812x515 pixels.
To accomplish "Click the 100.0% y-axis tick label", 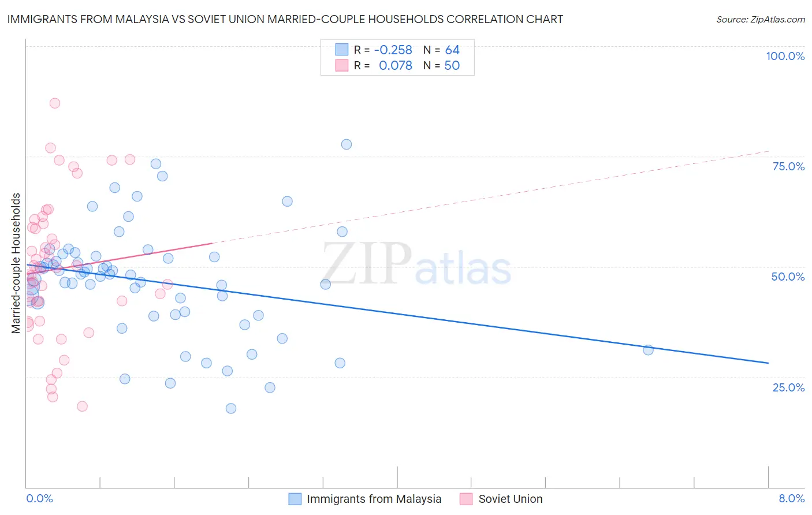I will click(x=785, y=56).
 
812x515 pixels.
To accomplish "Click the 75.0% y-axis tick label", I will click(x=788, y=166).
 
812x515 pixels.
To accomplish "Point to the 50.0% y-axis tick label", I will click(x=788, y=277).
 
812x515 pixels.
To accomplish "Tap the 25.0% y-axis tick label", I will click(x=788, y=387).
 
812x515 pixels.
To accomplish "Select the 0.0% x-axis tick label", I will click(x=39, y=498).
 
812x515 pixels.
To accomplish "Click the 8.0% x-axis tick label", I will click(x=791, y=498).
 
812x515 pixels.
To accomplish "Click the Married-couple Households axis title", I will click(x=16, y=263).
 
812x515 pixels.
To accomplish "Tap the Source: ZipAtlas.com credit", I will click(x=760, y=19).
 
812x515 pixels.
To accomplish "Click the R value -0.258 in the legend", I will click(x=393, y=50).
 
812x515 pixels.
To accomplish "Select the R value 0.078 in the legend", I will click(x=395, y=65).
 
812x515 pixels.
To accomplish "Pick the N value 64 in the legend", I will click(x=452, y=50).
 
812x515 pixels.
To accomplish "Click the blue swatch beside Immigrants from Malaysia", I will click(x=295, y=499).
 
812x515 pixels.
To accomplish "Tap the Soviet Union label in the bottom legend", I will click(x=510, y=499).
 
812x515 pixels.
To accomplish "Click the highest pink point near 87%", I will click(x=55, y=103).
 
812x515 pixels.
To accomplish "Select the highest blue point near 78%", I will click(x=347, y=144).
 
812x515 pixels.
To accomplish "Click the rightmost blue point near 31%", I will click(x=648, y=350).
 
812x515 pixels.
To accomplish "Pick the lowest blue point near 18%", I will click(x=231, y=408).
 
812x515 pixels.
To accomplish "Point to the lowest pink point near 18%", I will click(x=82, y=406).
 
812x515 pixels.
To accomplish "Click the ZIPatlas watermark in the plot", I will click(x=416, y=264).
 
